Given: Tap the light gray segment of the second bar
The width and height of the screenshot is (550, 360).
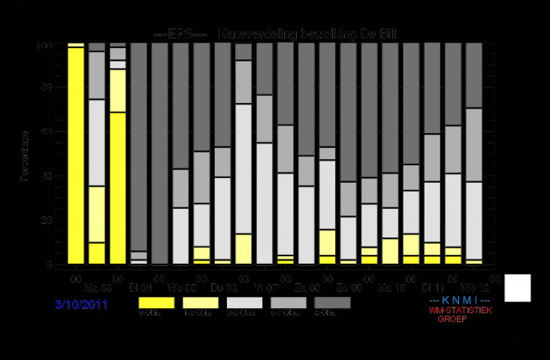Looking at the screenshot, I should coord(97,142).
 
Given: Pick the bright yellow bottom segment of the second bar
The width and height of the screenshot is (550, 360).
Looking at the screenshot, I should coord(97,253).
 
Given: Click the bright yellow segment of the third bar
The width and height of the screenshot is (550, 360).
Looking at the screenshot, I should coord(118,188).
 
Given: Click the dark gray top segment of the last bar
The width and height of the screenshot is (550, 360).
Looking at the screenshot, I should coord(473,75).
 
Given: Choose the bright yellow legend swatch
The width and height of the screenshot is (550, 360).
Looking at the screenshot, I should coord(156,302).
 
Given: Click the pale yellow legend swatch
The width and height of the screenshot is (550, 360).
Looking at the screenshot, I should coord(200,302).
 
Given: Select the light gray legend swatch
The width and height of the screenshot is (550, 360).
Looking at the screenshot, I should coord(243,302).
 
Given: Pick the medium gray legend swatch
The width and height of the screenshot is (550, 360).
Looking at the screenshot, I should coord(287,302).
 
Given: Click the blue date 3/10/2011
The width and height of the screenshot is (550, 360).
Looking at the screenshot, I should coord(81,305).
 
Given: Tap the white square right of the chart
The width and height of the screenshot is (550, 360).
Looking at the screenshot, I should coord(517,288).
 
